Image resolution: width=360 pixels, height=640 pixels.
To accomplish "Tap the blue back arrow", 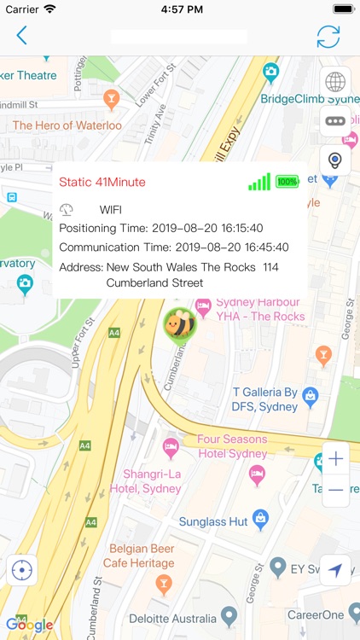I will click(21, 36).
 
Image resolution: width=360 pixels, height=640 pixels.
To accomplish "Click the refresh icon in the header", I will click(328, 37).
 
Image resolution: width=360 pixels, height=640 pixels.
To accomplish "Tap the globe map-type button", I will click(335, 82).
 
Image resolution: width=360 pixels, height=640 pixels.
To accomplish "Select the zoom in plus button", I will click(335, 459).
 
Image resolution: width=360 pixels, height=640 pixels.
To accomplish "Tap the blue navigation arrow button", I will click(335, 570).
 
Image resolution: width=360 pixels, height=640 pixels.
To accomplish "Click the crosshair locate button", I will click(21, 570).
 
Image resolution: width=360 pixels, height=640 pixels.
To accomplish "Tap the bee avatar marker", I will click(179, 323).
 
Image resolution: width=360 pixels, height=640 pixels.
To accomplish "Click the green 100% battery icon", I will click(287, 182).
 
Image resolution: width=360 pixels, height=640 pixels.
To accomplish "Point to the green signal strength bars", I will click(259, 182).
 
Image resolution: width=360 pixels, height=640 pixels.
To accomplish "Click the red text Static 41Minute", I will click(102, 182).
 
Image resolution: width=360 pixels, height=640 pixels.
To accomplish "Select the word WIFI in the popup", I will click(111, 209).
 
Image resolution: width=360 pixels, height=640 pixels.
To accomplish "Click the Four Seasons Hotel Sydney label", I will click(232, 446).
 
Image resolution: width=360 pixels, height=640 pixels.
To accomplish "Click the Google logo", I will click(30, 625).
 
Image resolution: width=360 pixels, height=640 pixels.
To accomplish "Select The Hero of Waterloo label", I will click(67, 125).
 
